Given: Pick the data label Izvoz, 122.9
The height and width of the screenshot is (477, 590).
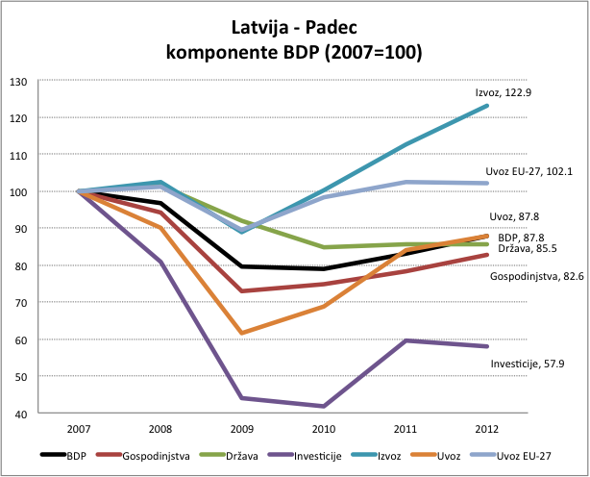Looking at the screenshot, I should click(x=504, y=92).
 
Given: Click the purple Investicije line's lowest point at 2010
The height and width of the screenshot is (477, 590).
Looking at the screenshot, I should click(x=324, y=406).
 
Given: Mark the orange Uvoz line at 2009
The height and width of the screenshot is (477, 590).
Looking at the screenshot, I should click(x=242, y=333).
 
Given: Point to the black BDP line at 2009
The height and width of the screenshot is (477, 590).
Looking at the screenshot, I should click(x=242, y=266).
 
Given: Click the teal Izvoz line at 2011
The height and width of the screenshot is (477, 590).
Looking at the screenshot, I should click(x=406, y=144).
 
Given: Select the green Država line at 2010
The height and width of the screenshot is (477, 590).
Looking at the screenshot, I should click(x=324, y=247).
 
